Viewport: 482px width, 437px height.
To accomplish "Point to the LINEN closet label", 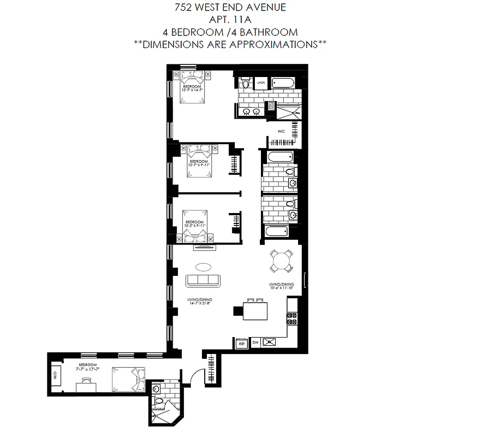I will (261, 83).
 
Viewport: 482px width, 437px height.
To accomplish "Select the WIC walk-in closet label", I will (281, 132).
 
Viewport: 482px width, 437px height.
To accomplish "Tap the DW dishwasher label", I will (255, 343).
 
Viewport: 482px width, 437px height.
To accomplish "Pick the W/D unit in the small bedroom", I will (55, 376).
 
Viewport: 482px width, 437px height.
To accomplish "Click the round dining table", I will (282, 260).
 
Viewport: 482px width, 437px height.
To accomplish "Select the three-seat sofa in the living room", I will (203, 281).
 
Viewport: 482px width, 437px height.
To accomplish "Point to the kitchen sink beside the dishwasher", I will (270, 343).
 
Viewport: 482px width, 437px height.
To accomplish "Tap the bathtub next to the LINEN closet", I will (283, 83).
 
